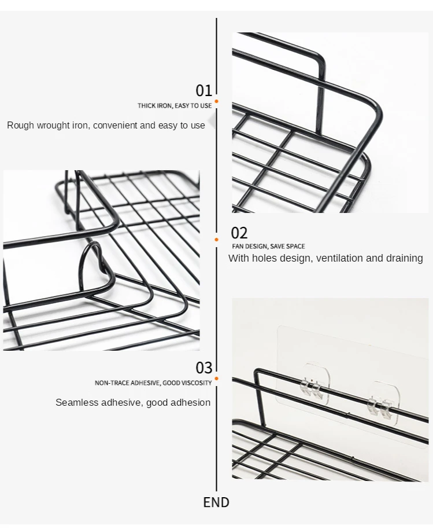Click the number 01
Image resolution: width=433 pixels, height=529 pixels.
(204, 90)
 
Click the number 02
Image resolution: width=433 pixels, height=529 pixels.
(239, 233)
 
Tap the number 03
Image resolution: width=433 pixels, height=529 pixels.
(204, 368)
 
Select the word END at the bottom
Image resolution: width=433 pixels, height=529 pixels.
(216, 502)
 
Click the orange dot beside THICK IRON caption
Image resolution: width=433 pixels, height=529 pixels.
(217, 101)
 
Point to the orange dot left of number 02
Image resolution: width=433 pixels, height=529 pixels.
(217, 239)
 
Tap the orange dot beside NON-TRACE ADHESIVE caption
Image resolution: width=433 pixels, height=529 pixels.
(217, 379)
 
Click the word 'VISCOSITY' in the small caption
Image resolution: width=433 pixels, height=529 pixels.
(197, 383)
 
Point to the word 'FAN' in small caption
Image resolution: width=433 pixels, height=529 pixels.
(238, 247)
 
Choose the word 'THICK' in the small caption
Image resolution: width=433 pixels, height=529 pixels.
(146, 106)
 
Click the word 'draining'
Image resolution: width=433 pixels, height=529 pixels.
(405, 258)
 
